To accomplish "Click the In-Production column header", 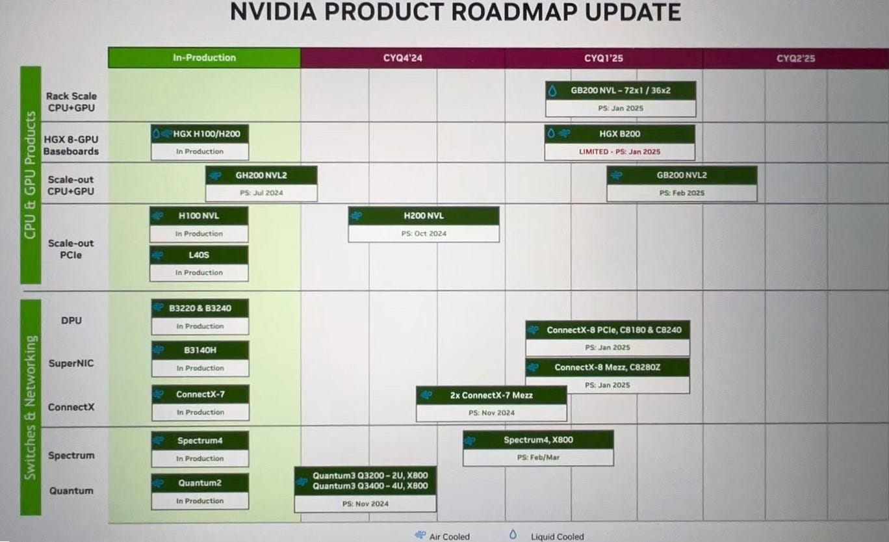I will point(204,58).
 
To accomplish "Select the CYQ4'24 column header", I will point(402,58).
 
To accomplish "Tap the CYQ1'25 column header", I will point(603,58).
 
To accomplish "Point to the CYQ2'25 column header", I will point(795,58).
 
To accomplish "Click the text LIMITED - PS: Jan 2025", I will point(619,151).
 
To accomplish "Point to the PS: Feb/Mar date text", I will point(538,458).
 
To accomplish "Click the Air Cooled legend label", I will point(450,537).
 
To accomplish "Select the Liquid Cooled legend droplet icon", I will point(513,535).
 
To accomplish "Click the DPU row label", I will point(71,320).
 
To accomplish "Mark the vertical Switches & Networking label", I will point(31,407).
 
